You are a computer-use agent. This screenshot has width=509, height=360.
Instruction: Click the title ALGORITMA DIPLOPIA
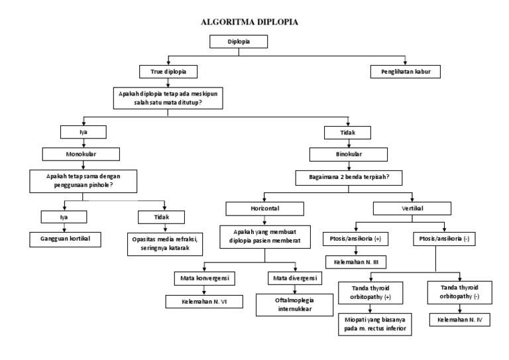(249, 22)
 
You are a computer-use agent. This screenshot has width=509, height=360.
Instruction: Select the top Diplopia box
(239, 41)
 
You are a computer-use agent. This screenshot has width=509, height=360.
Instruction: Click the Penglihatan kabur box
(405, 71)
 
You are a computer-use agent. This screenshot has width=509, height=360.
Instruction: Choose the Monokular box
(82, 154)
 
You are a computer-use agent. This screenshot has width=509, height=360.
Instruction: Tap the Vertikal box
(412, 208)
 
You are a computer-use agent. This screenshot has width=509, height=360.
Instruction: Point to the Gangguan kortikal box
(64, 239)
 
